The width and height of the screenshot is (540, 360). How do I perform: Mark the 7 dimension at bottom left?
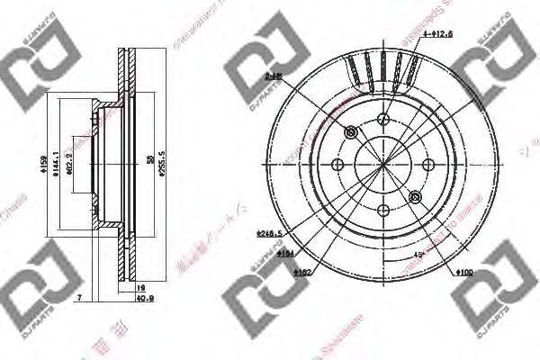(79, 295)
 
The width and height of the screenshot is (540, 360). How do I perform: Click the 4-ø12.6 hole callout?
(437, 35)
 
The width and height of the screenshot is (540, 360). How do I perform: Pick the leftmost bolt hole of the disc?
(337, 165)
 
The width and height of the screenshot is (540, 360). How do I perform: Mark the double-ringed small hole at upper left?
(351, 133)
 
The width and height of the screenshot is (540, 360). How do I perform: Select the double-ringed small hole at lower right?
(414, 196)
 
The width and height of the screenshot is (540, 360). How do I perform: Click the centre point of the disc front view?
(382, 165)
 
